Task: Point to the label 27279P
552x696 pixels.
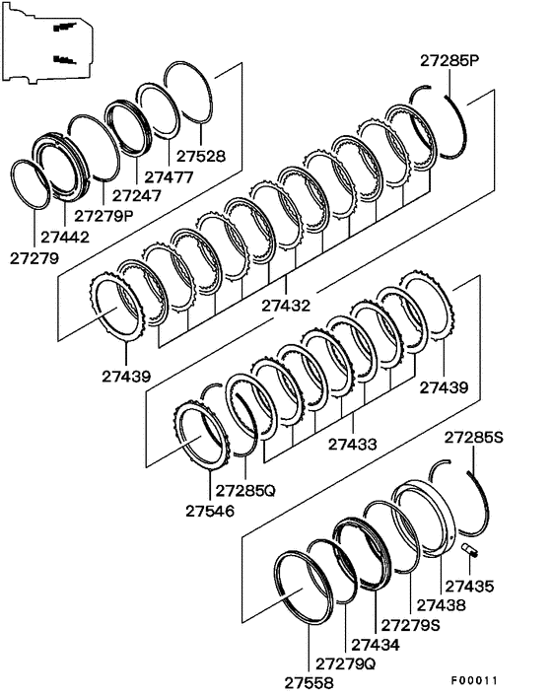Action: click(105, 216)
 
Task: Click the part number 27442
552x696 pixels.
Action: click(66, 238)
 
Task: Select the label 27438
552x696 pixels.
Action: click(442, 605)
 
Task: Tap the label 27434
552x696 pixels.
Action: click(376, 644)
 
